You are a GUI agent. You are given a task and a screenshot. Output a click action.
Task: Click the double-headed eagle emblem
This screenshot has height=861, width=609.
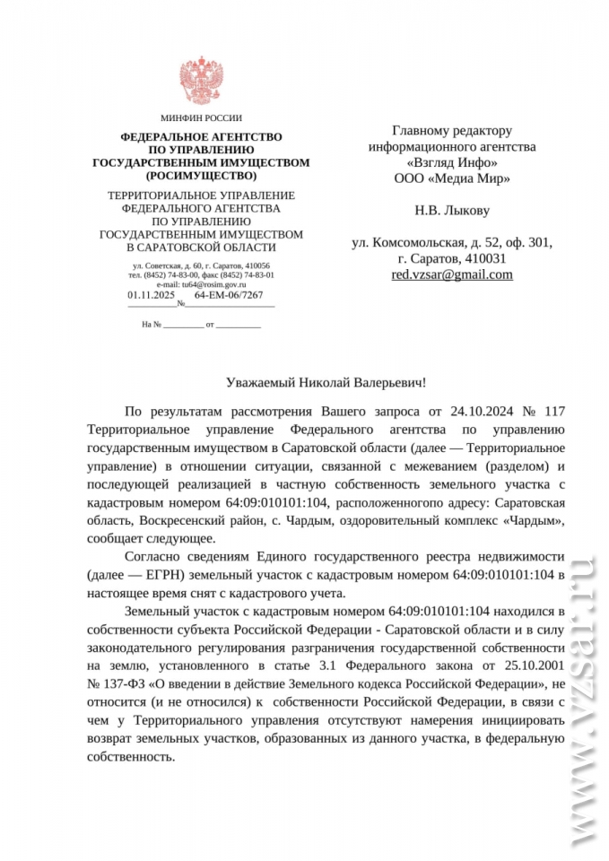(x=201, y=82)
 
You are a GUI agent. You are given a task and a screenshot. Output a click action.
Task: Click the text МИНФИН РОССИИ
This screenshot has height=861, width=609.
(x=201, y=118)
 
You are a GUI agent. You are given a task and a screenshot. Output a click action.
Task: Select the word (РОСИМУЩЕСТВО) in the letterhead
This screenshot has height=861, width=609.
(x=201, y=176)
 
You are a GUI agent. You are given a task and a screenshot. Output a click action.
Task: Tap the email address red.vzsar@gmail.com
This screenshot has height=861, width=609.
(x=452, y=274)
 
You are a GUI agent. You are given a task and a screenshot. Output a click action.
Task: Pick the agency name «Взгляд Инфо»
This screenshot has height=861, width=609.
(x=452, y=161)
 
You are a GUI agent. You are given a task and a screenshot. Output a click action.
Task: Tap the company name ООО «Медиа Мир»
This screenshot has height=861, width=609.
(x=452, y=178)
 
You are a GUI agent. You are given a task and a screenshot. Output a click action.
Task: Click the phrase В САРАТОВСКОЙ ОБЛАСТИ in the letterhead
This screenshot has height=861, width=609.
(x=201, y=247)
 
